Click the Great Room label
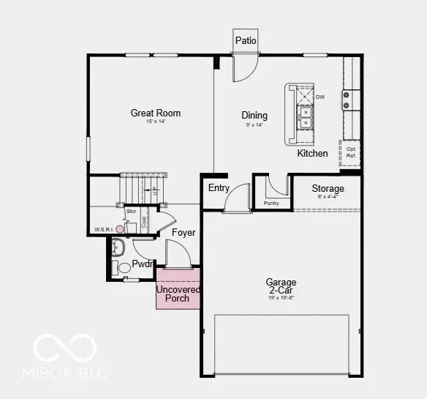[155, 113]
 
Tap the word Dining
[254, 115]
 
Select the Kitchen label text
[312, 154]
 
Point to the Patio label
[246, 40]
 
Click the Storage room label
[328, 189]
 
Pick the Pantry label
[271, 203]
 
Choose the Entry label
[219, 188]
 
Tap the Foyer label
[184, 233]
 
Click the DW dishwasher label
[320, 97]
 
